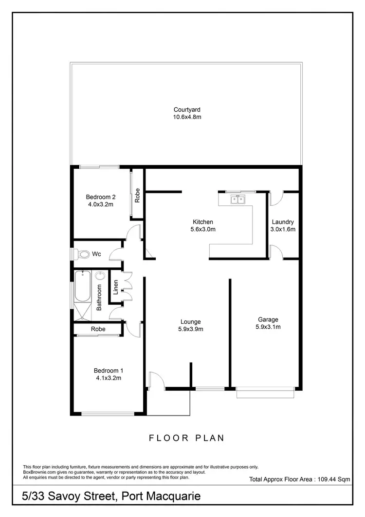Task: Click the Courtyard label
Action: (187, 110)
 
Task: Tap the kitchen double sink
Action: (238, 199)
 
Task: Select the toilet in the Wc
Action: (83, 254)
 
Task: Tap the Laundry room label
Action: (283, 222)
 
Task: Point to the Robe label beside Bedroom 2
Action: (138, 195)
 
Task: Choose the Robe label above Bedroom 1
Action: (98, 329)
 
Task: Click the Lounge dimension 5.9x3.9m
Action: (191, 329)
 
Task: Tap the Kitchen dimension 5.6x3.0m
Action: (203, 229)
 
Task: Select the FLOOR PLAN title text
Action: (187, 438)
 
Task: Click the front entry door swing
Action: (157, 380)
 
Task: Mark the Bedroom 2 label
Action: (100, 197)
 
